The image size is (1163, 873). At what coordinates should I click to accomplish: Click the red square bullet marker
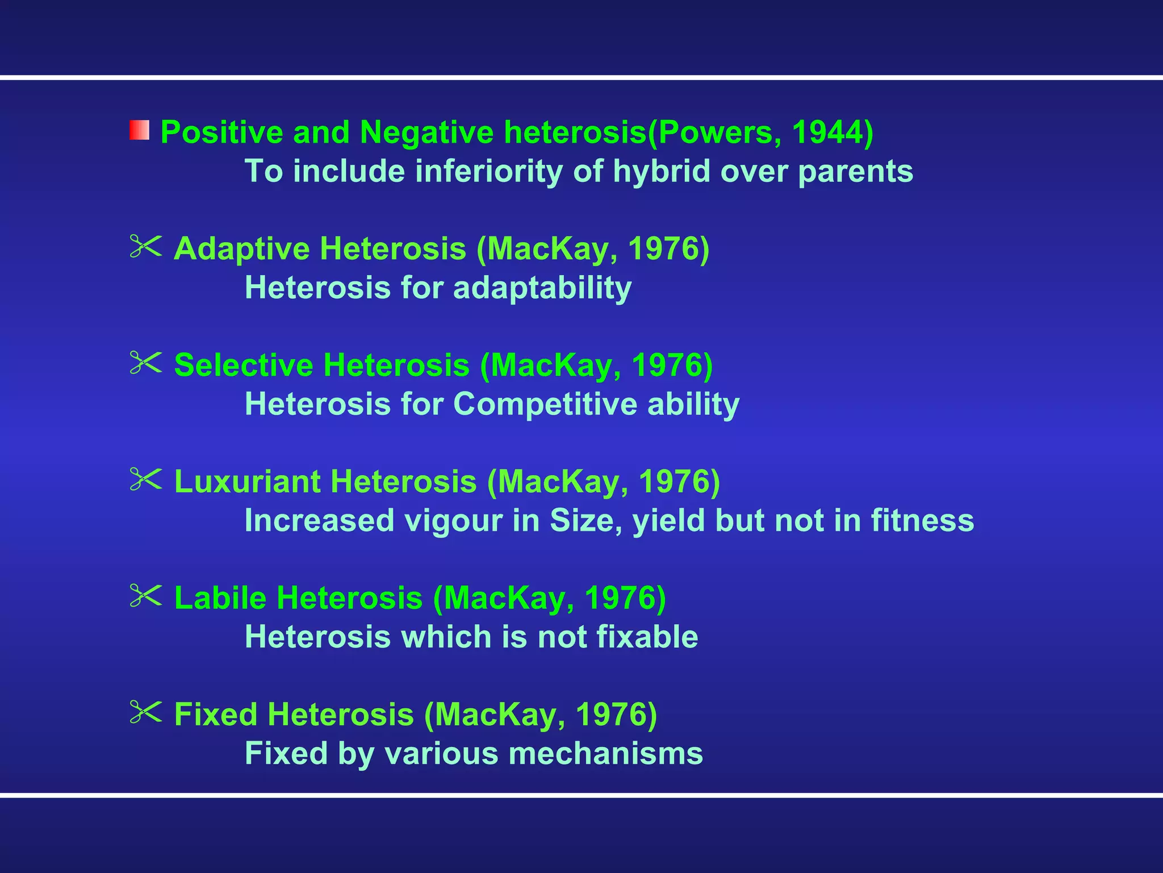pyautogui.click(x=139, y=130)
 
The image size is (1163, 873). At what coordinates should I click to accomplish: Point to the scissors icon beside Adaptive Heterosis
pyautogui.click(x=145, y=247)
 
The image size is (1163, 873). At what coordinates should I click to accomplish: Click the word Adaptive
pyautogui.click(x=241, y=249)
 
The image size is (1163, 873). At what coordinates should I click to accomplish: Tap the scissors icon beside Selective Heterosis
pyautogui.click(x=145, y=363)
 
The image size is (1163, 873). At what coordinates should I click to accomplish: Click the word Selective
pyautogui.click(x=243, y=365)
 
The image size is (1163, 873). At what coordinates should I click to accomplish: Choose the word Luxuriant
pyautogui.click(x=247, y=481)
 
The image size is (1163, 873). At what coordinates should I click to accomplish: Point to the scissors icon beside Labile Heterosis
pyautogui.click(x=145, y=596)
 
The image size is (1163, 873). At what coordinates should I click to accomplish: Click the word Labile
pyautogui.click(x=220, y=598)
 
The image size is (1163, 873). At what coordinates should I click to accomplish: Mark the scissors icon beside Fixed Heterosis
pyautogui.click(x=145, y=712)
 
